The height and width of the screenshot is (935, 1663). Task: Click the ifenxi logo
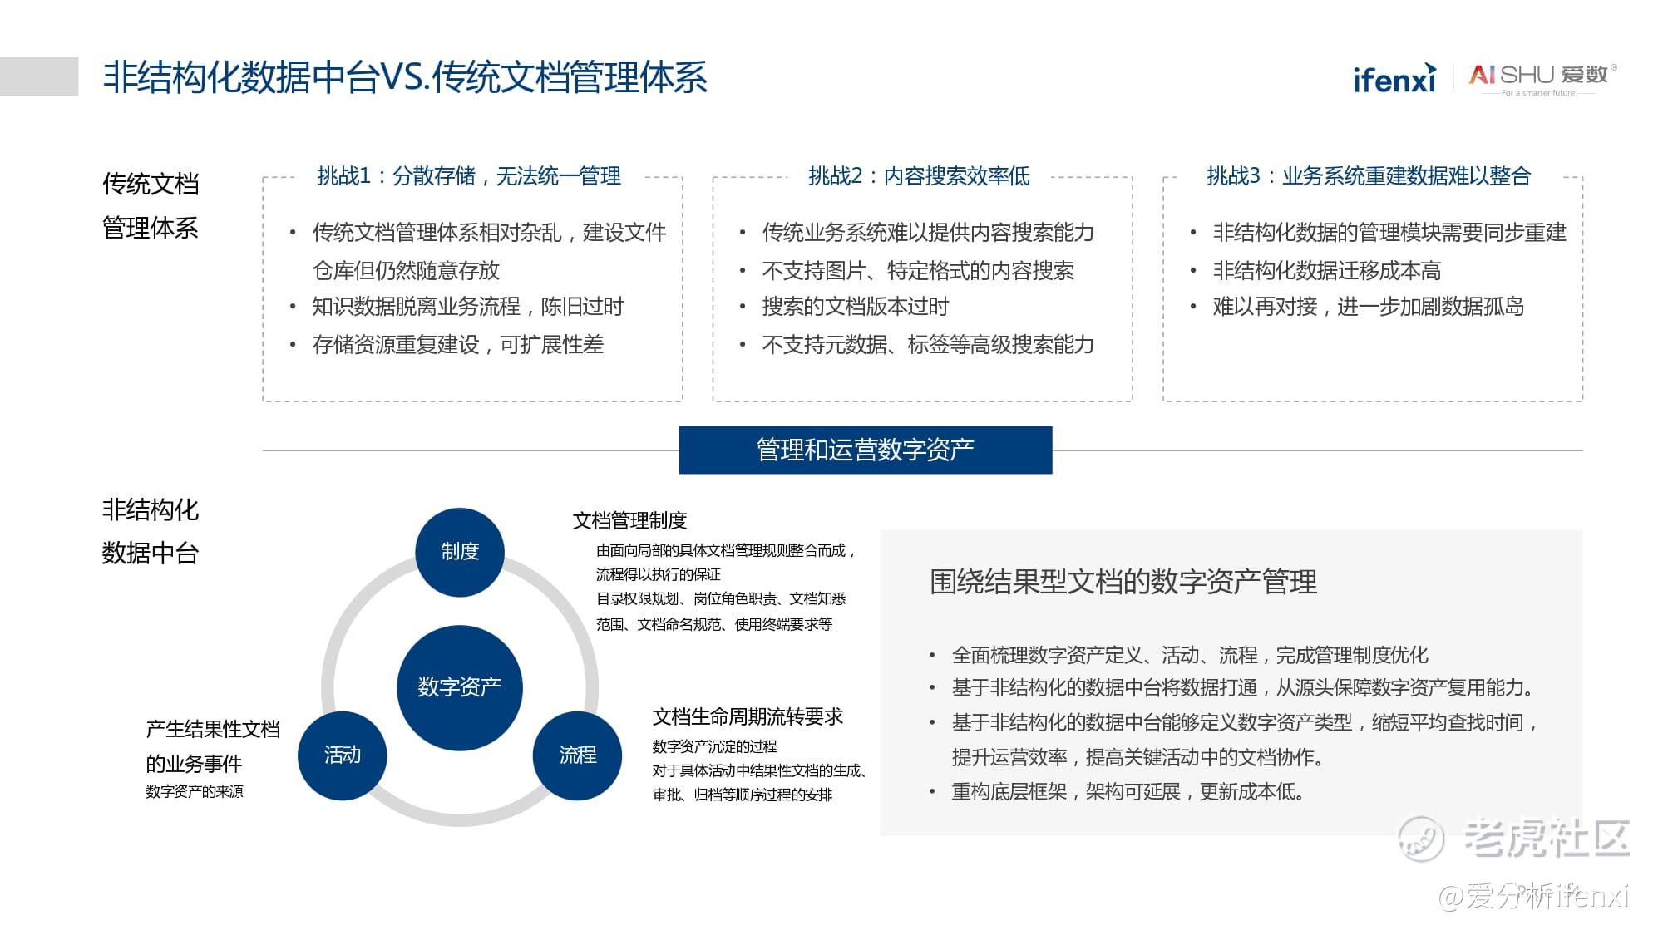pyautogui.click(x=1394, y=77)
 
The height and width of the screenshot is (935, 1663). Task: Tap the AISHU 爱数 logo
pyautogui.click(x=1543, y=78)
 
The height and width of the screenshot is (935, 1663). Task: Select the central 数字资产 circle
pyautogui.click(x=460, y=687)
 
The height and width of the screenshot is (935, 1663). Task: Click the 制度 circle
pyautogui.click(x=460, y=552)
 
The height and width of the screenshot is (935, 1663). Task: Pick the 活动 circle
pyautogui.click(x=343, y=755)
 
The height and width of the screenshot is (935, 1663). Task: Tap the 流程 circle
pyautogui.click(x=577, y=755)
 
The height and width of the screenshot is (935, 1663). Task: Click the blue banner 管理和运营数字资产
pyautogui.click(x=866, y=450)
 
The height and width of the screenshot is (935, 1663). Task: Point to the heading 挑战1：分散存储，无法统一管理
pyautogui.click(x=469, y=176)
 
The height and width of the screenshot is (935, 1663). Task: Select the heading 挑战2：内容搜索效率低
pyautogui.click(x=919, y=176)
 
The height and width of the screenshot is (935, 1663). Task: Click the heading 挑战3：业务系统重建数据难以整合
pyautogui.click(x=1369, y=176)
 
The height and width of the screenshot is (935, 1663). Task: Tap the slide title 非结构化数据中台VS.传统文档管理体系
pyautogui.click(x=405, y=77)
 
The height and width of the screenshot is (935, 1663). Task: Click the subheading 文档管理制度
pyautogui.click(x=629, y=521)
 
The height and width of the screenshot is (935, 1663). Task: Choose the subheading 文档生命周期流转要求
pyautogui.click(x=748, y=716)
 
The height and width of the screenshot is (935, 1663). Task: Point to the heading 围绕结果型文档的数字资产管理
pyautogui.click(x=1123, y=582)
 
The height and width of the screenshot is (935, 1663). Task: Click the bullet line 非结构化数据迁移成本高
pyautogui.click(x=1327, y=270)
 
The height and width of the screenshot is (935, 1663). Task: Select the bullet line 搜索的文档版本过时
pyautogui.click(x=856, y=307)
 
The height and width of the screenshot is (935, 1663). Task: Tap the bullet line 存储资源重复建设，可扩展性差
pyautogui.click(x=458, y=344)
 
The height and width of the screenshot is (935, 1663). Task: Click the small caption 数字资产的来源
pyautogui.click(x=195, y=791)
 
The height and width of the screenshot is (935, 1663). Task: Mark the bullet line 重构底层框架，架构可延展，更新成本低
pyautogui.click(x=1128, y=791)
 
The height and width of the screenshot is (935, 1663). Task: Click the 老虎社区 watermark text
pyautogui.click(x=1546, y=838)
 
